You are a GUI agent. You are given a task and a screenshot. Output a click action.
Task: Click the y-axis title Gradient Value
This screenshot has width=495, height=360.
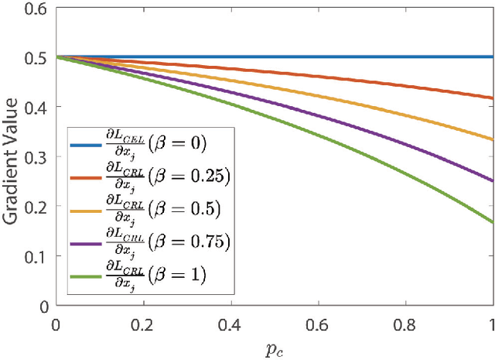point(13,156)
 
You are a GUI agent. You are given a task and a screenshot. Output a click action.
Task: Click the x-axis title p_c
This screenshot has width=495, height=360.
point(274,345)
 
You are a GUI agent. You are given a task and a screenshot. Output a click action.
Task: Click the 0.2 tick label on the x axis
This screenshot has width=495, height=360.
point(142,321)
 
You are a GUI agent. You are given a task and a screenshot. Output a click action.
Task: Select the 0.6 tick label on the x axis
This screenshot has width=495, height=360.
point(318,321)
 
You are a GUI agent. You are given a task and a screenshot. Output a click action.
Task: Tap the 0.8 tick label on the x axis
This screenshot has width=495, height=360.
point(405,321)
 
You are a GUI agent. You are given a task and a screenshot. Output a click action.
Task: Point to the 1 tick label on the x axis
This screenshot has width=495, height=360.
point(493,321)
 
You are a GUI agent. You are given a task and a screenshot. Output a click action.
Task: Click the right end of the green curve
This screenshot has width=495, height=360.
point(493,222)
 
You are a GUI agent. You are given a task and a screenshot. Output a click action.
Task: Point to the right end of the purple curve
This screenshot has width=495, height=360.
point(493,181)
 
